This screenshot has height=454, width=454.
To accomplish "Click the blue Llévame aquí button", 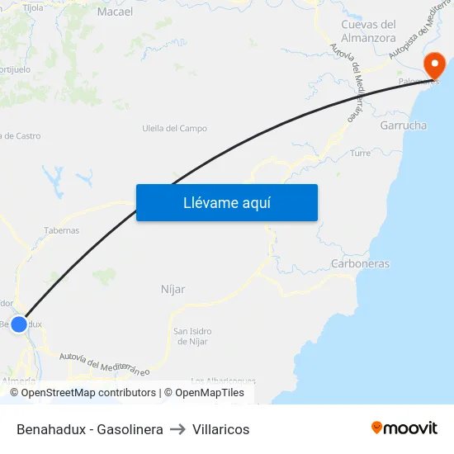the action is tap(226, 203).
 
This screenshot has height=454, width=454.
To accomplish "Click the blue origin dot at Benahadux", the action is tap(19, 324).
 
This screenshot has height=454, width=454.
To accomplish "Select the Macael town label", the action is tap(115, 12).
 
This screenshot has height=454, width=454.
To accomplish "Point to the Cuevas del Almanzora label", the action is tap(368, 31).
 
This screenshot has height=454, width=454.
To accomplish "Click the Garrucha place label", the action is tap(404, 125).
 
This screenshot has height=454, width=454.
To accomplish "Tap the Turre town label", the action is tap(361, 154).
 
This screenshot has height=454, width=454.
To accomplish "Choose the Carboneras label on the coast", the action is tap(360, 264).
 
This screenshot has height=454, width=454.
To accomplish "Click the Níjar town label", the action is tap(173, 290).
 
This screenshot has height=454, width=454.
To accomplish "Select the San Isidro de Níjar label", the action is tap(192, 336).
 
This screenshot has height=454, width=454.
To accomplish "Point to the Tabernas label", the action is tap(61, 230).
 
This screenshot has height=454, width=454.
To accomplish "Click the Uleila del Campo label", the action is tap(174, 129).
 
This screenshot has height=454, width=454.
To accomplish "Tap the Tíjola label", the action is tap(33, 7).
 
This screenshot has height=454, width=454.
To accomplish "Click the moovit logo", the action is tap(404, 428).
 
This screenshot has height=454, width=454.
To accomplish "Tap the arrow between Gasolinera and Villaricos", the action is tap(177, 429).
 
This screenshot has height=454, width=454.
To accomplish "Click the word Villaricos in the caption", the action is tap(220, 429).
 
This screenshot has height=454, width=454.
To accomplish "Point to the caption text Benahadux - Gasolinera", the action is tap(89, 429).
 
